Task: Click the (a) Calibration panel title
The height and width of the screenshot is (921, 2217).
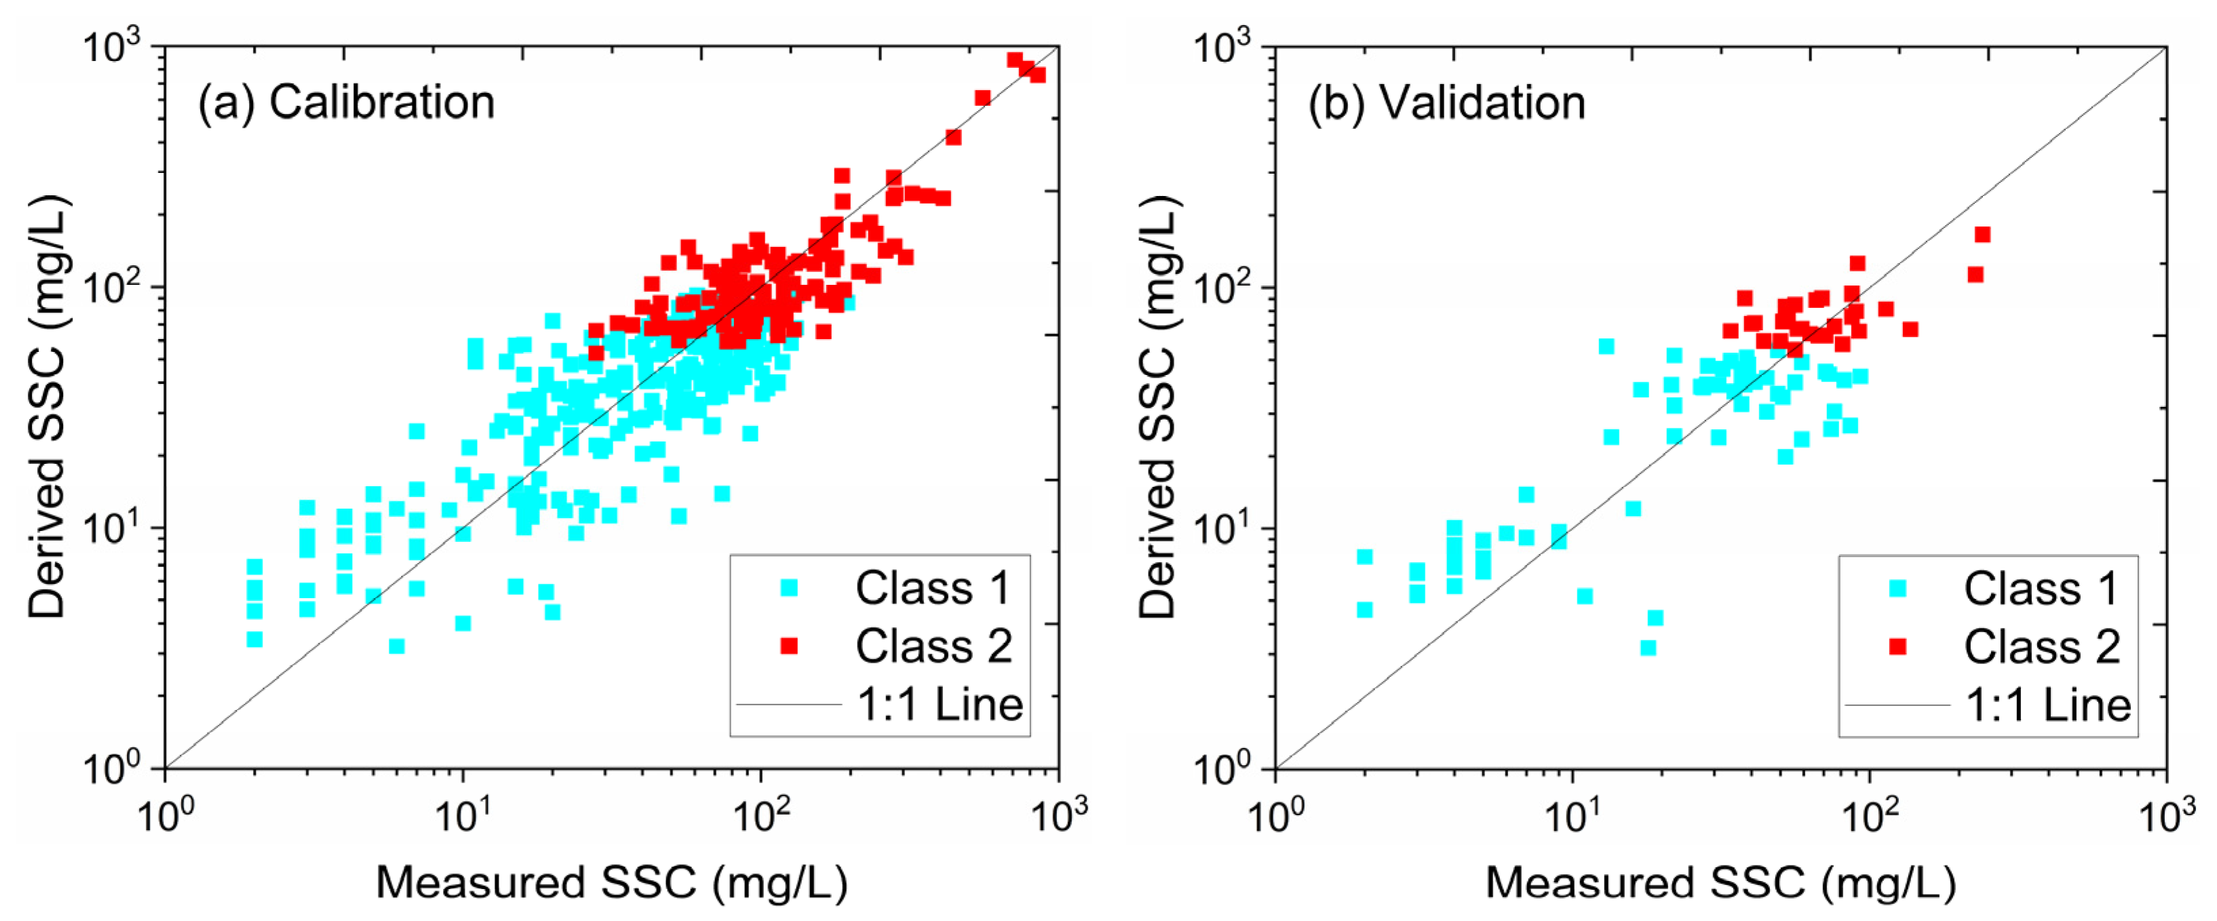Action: coord(346,103)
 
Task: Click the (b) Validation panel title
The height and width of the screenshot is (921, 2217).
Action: coord(1447,103)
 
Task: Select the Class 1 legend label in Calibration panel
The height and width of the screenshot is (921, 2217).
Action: coord(933,588)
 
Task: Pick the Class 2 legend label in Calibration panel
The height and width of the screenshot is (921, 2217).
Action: coord(933,646)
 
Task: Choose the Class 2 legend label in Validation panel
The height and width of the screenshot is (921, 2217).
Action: coord(2042,646)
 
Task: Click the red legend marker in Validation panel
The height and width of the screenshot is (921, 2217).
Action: coord(1897,646)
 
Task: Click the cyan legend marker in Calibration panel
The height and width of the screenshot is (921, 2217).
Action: coord(788,588)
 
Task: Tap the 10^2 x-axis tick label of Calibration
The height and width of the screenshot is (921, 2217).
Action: coord(760,813)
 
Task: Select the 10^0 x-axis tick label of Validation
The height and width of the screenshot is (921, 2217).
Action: coord(1275,813)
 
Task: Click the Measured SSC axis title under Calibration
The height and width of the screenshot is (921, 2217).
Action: coord(612,882)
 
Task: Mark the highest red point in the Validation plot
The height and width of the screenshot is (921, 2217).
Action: coord(1982,234)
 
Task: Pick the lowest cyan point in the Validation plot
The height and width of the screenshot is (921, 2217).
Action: coord(1648,647)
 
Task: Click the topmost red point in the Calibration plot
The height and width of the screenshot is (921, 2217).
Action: coord(1015,60)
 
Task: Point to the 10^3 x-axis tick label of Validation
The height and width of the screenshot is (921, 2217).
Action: coord(2167,813)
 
